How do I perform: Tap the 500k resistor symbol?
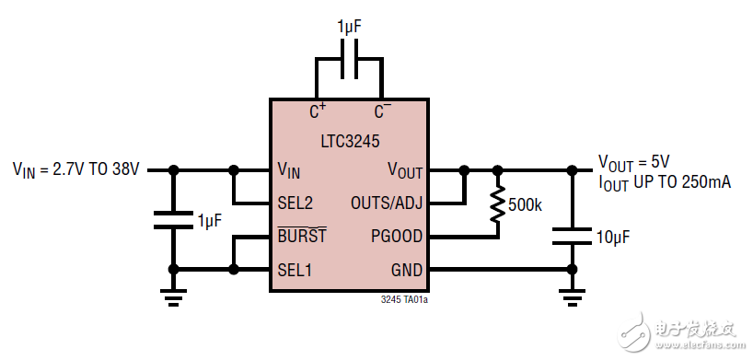point(498,204)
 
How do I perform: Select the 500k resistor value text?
point(525,204)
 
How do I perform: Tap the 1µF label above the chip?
point(349,28)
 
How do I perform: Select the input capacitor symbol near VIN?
point(172,220)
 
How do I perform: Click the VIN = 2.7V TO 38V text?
point(75,169)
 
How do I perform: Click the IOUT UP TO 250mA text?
point(664,183)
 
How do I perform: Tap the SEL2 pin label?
point(295,203)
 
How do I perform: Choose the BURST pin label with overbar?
point(301,236)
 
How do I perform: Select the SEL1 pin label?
point(295,270)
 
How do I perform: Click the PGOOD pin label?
point(398,237)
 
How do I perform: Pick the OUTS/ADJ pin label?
point(387,203)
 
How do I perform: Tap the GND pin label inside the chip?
point(406,270)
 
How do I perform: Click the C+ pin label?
point(318,111)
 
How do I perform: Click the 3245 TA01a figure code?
point(403,300)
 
